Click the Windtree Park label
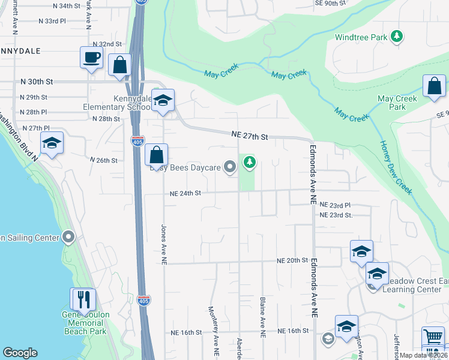[361, 37]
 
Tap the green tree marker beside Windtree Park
[396, 37]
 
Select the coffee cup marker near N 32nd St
[91, 58]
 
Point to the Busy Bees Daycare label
[185, 167]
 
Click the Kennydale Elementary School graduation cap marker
[161, 101]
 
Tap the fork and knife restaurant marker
[83, 299]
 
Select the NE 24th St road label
[184, 193]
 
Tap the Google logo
[20, 353]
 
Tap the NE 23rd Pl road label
[334, 205]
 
